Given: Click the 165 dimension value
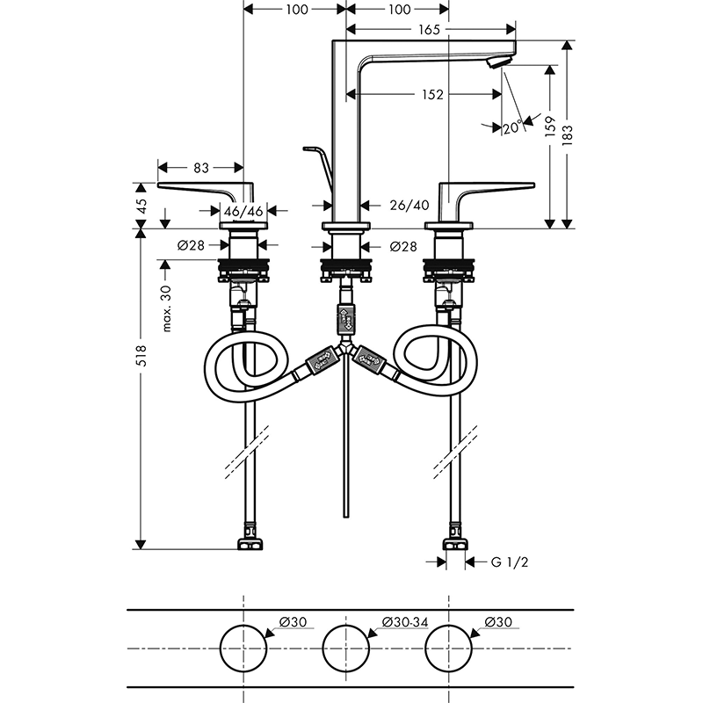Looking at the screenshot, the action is pyautogui.click(x=429, y=30).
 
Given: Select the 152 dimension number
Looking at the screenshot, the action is pyautogui.click(x=432, y=95).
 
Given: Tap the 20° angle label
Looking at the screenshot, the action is pyautogui.click(x=513, y=127).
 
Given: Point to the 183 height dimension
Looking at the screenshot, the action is pyautogui.click(x=567, y=135).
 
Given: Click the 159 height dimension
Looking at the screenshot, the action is pyautogui.click(x=550, y=126).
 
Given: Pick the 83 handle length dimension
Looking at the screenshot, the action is pyautogui.click(x=201, y=168).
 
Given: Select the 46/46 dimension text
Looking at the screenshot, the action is pyautogui.click(x=243, y=211).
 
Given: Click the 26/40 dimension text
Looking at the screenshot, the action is pyautogui.click(x=409, y=206).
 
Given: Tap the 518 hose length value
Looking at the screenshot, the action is pyautogui.click(x=141, y=356).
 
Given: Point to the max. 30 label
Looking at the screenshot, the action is pyautogui.click(x=166, y=308).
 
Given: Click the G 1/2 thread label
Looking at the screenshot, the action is pyautogui.click(x=510, y=562).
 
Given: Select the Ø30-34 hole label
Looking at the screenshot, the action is pyautogui.click(x=405, y=622).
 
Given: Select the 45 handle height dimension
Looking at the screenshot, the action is pyautogui.click(x=141, y=206).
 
